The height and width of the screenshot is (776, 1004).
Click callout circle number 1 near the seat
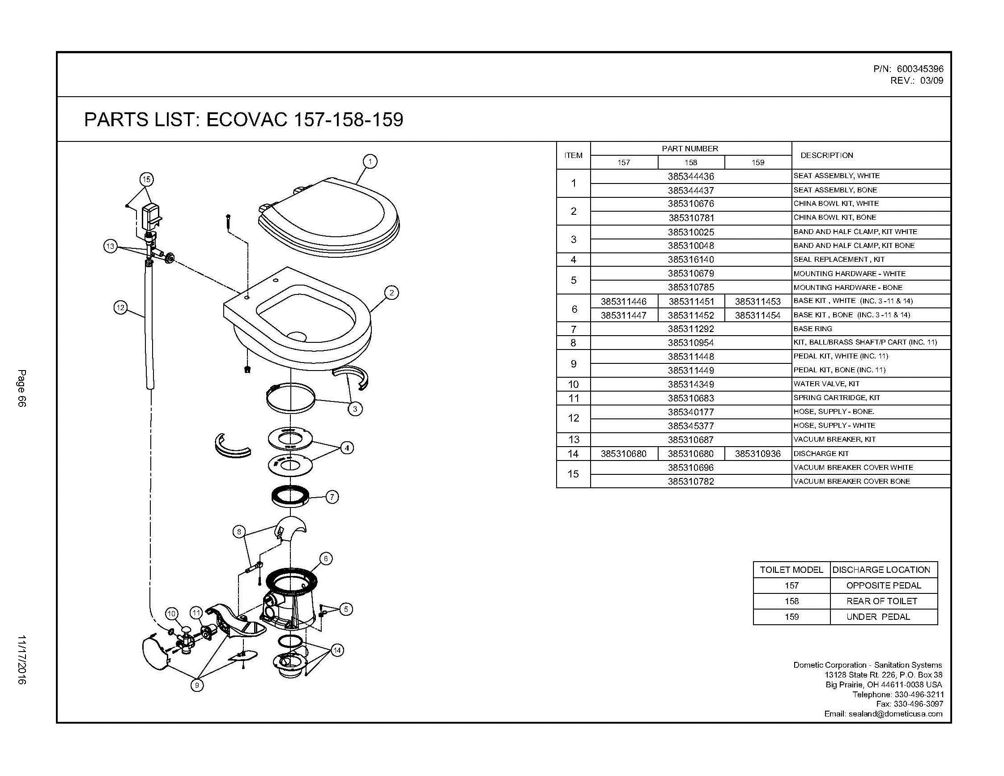[370, 162]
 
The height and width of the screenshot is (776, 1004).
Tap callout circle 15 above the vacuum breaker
[146, 179]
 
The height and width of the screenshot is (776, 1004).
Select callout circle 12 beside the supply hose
[120, 307]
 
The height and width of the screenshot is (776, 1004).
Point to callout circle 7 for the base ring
[332, 496]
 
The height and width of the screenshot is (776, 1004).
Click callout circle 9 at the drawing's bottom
[197, 685]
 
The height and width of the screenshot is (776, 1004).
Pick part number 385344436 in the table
[690, 176]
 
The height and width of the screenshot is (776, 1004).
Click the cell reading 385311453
[757, 302]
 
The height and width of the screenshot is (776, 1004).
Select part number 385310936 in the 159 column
[757, 454]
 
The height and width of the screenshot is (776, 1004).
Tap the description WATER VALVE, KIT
[826, 384]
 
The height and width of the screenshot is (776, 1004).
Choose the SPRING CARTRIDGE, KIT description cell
[830, 398]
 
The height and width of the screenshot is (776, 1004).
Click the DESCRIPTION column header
[826, 155]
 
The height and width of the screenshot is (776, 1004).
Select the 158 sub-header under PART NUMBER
[690, 162]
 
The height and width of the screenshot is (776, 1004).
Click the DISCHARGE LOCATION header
[881, 570]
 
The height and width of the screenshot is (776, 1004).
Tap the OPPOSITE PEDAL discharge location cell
[884, 585]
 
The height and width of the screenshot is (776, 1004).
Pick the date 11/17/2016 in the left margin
[21, 660]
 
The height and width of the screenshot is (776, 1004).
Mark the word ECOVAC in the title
[247, 119]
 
